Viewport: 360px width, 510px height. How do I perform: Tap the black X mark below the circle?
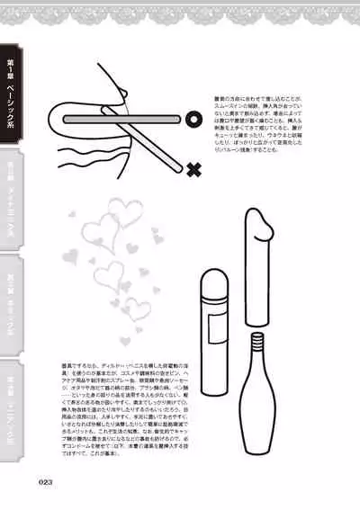click(x=193, y=167)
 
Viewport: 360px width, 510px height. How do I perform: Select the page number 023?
click(x=48, y=481)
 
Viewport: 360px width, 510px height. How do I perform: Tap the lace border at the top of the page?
click(x=180, y=11)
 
